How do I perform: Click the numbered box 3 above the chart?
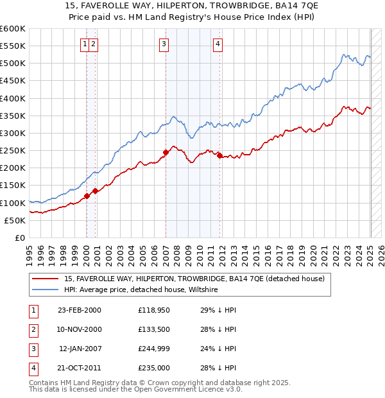164,44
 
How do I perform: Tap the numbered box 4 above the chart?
218,44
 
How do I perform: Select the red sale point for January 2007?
166,152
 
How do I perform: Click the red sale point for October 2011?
219,155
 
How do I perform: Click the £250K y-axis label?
13,150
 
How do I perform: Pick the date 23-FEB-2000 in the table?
80,311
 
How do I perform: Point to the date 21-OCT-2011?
80,368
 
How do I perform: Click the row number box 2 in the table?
32,330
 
